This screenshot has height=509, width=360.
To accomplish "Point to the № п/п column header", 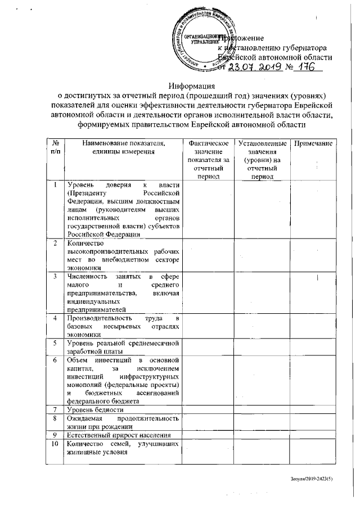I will point(55,149).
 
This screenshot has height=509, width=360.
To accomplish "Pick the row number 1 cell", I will point(55,185).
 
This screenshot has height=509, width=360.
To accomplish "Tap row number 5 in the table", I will point(55,343).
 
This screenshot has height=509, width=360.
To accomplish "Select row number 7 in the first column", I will point(55,409).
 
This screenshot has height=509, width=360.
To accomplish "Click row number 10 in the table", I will point(55,446).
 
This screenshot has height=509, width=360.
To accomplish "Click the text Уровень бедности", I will point(93,409).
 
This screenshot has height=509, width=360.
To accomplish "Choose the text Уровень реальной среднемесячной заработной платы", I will point(123,347).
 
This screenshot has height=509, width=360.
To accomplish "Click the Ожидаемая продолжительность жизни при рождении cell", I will point(123,422).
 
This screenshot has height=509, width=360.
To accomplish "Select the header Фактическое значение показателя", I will point(208,157).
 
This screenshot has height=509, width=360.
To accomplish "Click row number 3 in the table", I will point(55,276).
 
